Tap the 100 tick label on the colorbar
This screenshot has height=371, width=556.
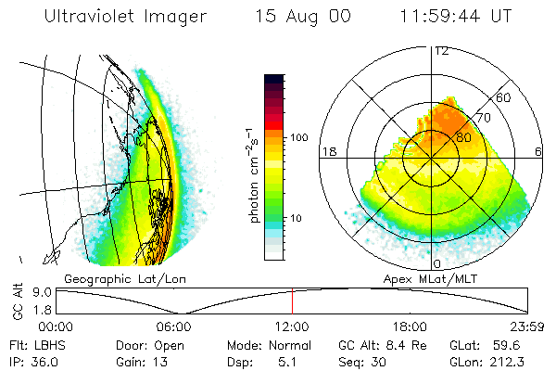(x=298, y=137)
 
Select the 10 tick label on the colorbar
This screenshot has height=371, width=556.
(x=296, y=218)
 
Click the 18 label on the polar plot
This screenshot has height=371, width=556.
(x=327, y=150)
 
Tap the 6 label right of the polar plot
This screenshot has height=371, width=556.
(x=539, y=150)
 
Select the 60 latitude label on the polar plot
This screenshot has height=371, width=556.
(x=505, y=96)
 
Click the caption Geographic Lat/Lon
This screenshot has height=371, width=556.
(x=110, y=278)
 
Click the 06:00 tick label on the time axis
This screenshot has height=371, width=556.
(x=174, y=326)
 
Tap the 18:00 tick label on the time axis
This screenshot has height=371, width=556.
(x=411, y=326)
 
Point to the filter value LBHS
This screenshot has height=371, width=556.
(x=44, y=345)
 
